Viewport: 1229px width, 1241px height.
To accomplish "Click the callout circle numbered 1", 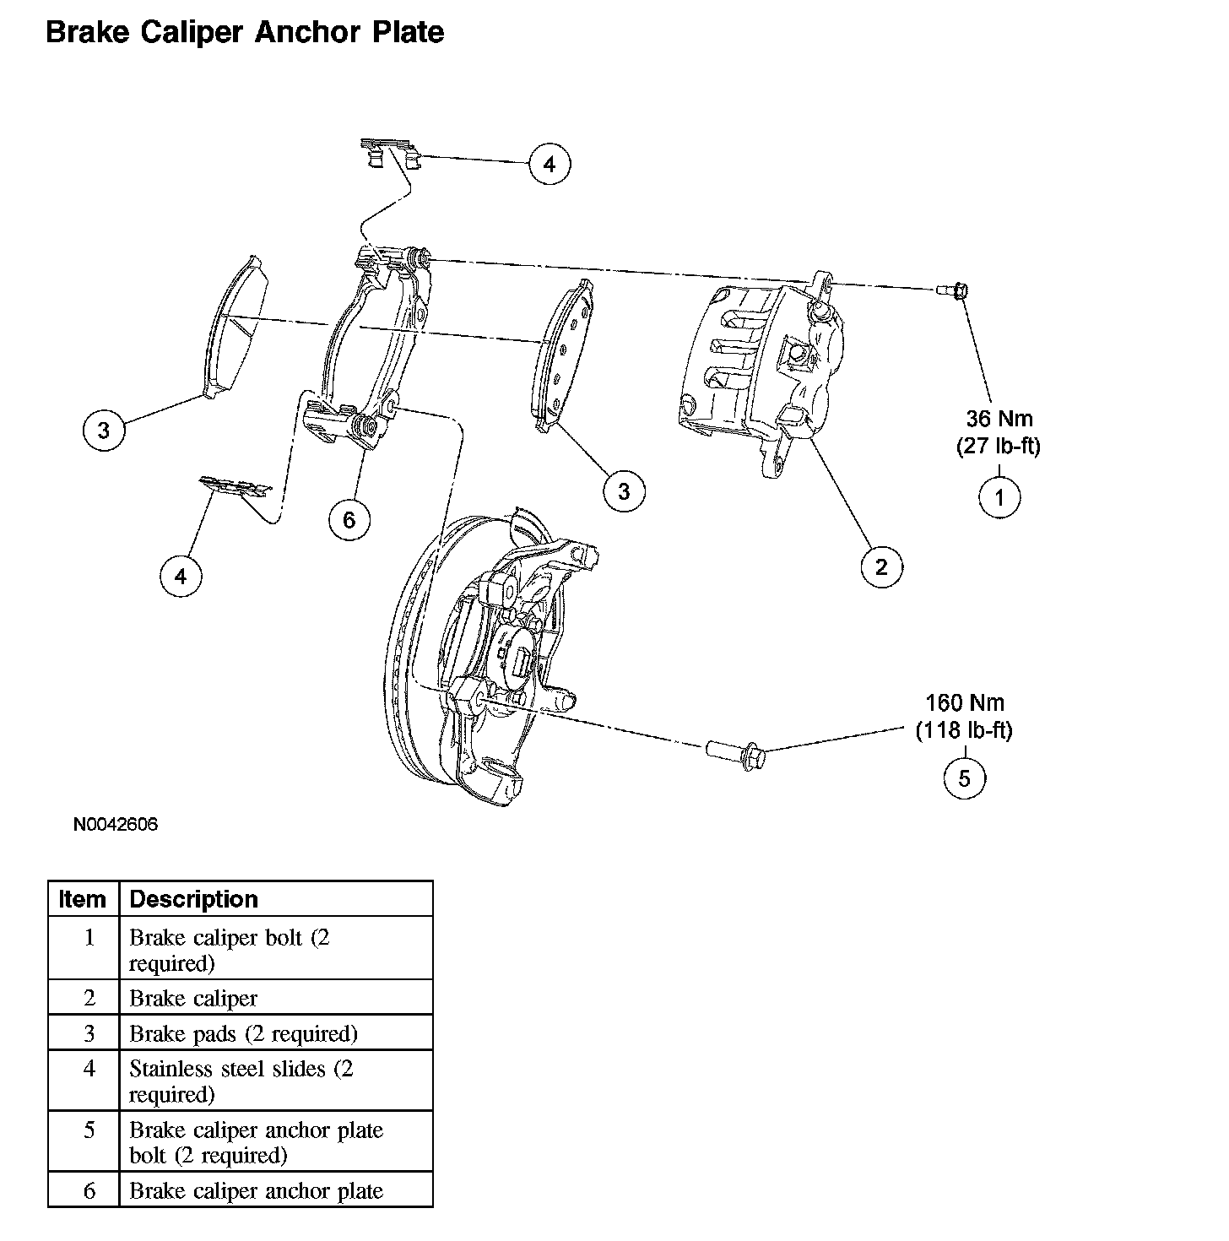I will click(999, 497).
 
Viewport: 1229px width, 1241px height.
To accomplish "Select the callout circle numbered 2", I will click(881, 566).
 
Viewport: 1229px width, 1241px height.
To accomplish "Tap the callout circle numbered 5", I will click(964, 778).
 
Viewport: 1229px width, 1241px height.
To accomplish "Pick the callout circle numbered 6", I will click(349, 519).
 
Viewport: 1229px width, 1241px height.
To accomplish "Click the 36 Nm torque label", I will click(999, 418).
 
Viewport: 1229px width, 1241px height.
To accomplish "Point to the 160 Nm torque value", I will click(965, 702).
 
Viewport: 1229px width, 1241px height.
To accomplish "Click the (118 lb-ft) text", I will click(964, 729).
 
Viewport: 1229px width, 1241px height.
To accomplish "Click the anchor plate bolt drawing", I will click(735, 751).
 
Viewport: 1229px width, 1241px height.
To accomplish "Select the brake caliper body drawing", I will click(764, 371).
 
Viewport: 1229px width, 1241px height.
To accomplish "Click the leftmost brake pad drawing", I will click(238, 325).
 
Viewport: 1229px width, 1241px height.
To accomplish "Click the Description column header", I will click(193, 899).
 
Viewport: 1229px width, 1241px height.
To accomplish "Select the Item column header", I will click(83, 899).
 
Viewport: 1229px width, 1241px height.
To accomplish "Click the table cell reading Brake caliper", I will click(193, 998).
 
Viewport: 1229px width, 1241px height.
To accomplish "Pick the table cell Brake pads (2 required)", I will click(243, 1033).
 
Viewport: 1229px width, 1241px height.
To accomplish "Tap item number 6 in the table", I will click(89, 1190).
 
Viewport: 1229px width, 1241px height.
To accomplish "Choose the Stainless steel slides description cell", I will click(241, 1081).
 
